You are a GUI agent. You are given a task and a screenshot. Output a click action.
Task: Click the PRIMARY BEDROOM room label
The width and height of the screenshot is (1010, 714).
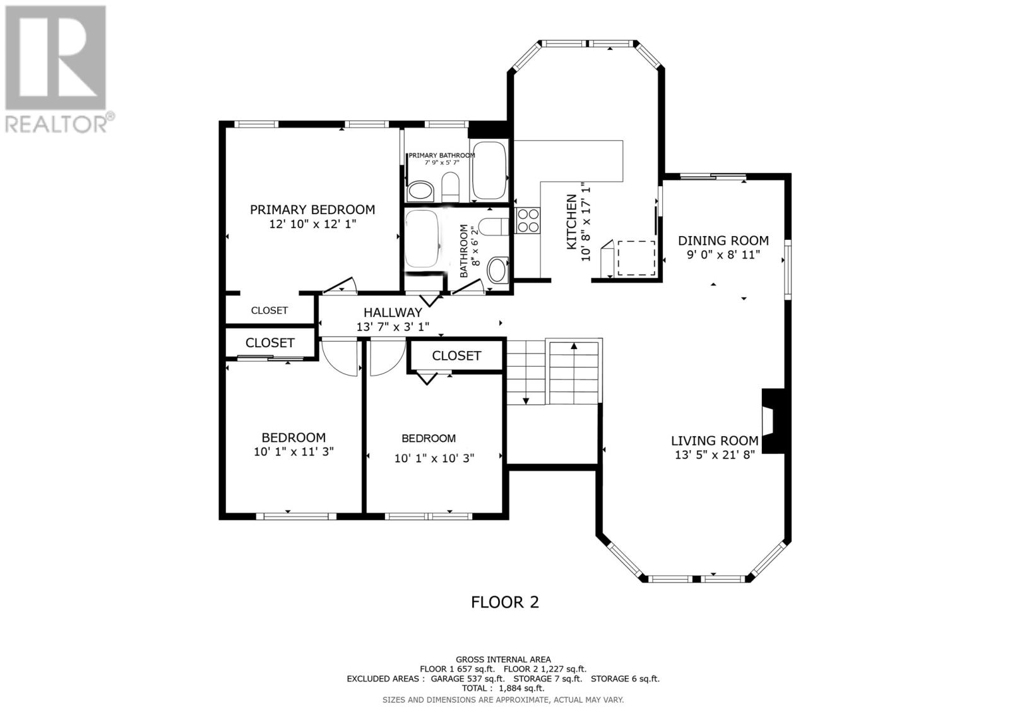pos(312,210)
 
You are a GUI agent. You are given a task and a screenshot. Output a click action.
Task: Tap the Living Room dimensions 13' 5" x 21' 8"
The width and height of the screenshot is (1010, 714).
pos(715,455)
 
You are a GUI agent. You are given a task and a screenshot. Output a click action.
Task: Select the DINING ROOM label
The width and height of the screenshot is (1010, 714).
pos(723,241)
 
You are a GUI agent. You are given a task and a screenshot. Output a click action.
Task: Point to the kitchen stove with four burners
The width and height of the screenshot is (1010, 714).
pos(528,220)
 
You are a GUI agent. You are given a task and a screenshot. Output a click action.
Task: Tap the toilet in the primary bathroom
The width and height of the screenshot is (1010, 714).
pos(450,187)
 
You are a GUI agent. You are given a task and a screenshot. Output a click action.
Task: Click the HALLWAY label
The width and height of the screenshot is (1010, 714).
pos(392,312)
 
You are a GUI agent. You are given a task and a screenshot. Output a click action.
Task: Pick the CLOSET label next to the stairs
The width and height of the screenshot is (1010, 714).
pos(456,356)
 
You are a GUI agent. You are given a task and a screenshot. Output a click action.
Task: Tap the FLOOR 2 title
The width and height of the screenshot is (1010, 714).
pos(505,602)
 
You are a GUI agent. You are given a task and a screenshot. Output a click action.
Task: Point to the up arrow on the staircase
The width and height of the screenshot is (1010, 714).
pos(574,346)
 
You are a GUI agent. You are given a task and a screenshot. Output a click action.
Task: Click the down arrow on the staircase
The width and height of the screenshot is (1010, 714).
pos(525,400)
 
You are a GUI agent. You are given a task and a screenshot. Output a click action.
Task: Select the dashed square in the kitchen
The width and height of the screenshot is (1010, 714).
pos(636,258)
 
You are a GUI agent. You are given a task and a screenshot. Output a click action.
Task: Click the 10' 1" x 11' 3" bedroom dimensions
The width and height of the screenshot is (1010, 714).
pos(293,452)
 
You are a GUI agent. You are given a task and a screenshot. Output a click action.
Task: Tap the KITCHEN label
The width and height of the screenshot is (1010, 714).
pos(571,221)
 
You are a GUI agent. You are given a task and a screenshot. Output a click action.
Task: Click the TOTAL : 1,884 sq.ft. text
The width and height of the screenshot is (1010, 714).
pos(503,688)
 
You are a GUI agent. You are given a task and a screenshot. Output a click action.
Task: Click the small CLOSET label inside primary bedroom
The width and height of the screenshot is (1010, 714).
pos(270,311)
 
